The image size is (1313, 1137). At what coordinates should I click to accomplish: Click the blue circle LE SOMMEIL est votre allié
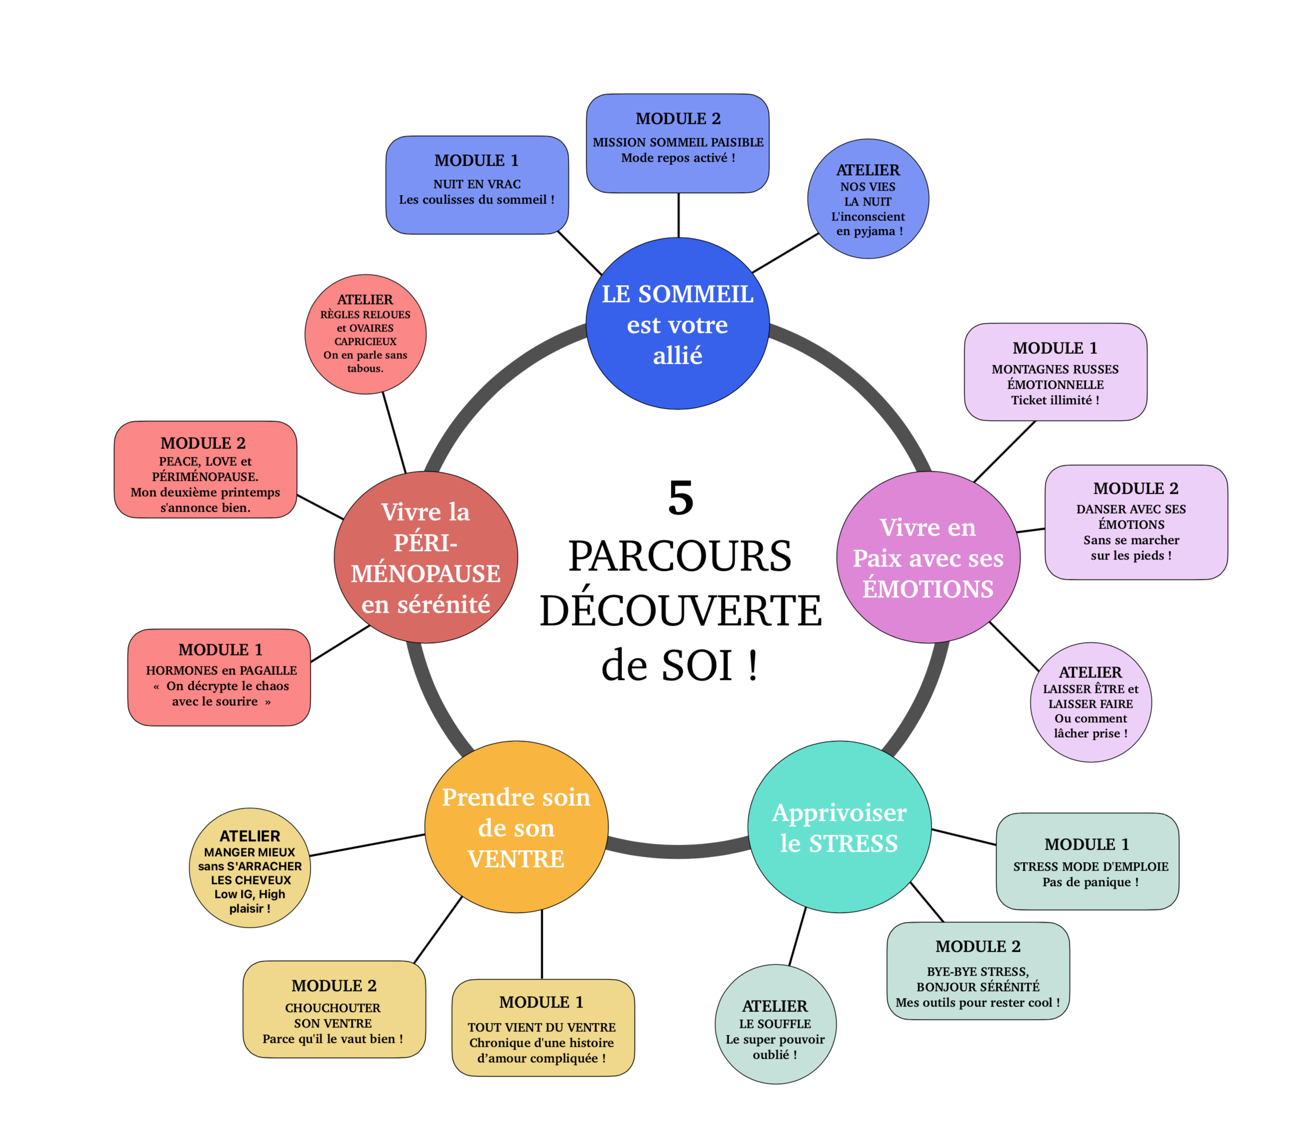[677, 324]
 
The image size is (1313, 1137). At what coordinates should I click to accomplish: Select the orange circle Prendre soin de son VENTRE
[516, 827]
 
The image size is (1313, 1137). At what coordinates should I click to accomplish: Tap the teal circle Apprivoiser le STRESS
[839, 827]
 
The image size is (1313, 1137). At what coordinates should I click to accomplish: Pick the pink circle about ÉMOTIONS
[928, 557]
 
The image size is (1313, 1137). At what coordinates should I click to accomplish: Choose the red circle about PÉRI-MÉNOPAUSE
[425, 557]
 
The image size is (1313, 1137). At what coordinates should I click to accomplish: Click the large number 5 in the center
[680, 499]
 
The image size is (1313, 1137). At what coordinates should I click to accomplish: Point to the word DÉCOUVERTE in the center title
[680, 610]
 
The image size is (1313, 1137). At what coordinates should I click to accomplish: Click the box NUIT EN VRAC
[477, 185]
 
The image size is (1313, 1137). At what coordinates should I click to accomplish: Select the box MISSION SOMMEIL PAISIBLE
[677, 143]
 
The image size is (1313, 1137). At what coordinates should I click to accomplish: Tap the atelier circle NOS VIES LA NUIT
[868, 199]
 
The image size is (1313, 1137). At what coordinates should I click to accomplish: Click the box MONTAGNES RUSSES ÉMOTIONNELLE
[1055, 372]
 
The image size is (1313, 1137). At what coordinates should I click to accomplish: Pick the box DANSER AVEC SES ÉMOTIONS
[1136, 522]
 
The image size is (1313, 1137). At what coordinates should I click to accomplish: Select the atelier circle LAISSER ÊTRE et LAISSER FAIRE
[1090, 702]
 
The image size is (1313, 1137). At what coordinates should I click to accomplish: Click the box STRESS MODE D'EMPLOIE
[1087, 862]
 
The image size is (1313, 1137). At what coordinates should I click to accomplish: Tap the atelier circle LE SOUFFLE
[775, 1024]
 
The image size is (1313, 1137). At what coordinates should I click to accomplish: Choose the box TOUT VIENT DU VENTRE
[543, 1028]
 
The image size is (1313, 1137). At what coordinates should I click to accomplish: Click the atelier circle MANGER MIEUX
[250, 868]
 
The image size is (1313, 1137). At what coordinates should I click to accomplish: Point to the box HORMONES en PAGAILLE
[219, 678]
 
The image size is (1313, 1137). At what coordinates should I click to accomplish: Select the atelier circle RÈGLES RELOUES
[365, 335]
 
